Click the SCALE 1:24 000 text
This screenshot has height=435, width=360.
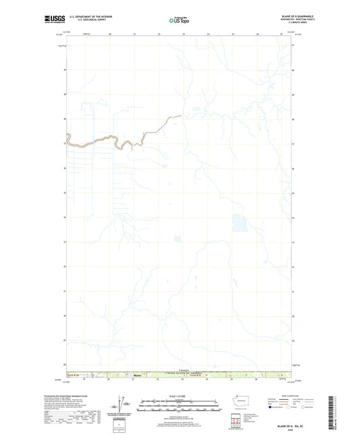click(x=179, y=395)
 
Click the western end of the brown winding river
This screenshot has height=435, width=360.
click(x=66, y=143)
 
